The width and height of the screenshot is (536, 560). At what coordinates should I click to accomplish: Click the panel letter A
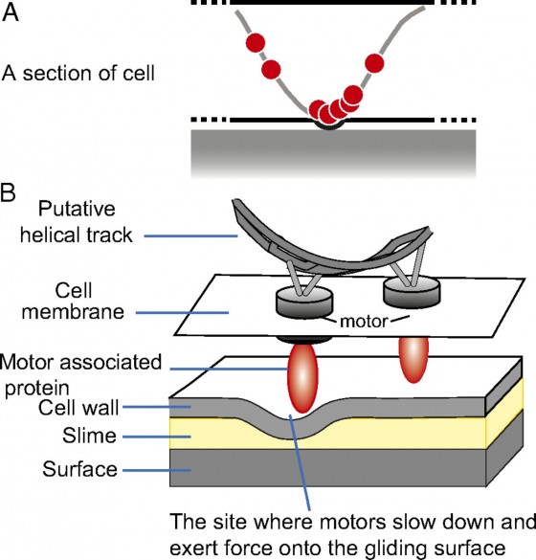tap(10, 13)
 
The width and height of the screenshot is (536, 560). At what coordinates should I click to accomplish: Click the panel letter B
tap(8, 192)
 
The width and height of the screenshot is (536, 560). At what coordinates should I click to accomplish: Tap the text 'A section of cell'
tap(78, 73)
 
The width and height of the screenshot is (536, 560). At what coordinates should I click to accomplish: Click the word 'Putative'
tap(77, 209)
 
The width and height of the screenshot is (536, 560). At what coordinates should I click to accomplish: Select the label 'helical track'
tap(76, 235)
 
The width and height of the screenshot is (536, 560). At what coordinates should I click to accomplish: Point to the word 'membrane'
tap(73, 311)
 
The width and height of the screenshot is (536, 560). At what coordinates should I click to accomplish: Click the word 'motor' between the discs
tap(364, 322)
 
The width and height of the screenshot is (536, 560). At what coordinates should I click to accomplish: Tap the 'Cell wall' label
tap(78, 407)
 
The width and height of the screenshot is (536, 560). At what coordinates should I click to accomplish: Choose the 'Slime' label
tap(89, 436)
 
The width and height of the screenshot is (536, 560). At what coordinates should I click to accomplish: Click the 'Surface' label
tap(80, 469)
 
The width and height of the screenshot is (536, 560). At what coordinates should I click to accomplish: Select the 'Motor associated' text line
tap(80, 362)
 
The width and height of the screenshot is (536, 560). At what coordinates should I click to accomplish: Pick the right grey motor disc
tap(412, 292)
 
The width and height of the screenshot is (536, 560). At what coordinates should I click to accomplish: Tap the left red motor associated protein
tap(302, 378)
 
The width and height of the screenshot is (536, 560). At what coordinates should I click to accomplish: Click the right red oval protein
tap(413, 360)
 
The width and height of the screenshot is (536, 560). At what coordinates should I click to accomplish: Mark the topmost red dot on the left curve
tap(256, 43)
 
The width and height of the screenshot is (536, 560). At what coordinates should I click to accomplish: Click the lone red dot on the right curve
tap(374, 63)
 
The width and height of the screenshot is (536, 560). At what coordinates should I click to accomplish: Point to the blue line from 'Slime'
tap(157, 437)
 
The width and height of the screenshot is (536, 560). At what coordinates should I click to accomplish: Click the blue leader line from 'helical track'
tap(191, 235)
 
